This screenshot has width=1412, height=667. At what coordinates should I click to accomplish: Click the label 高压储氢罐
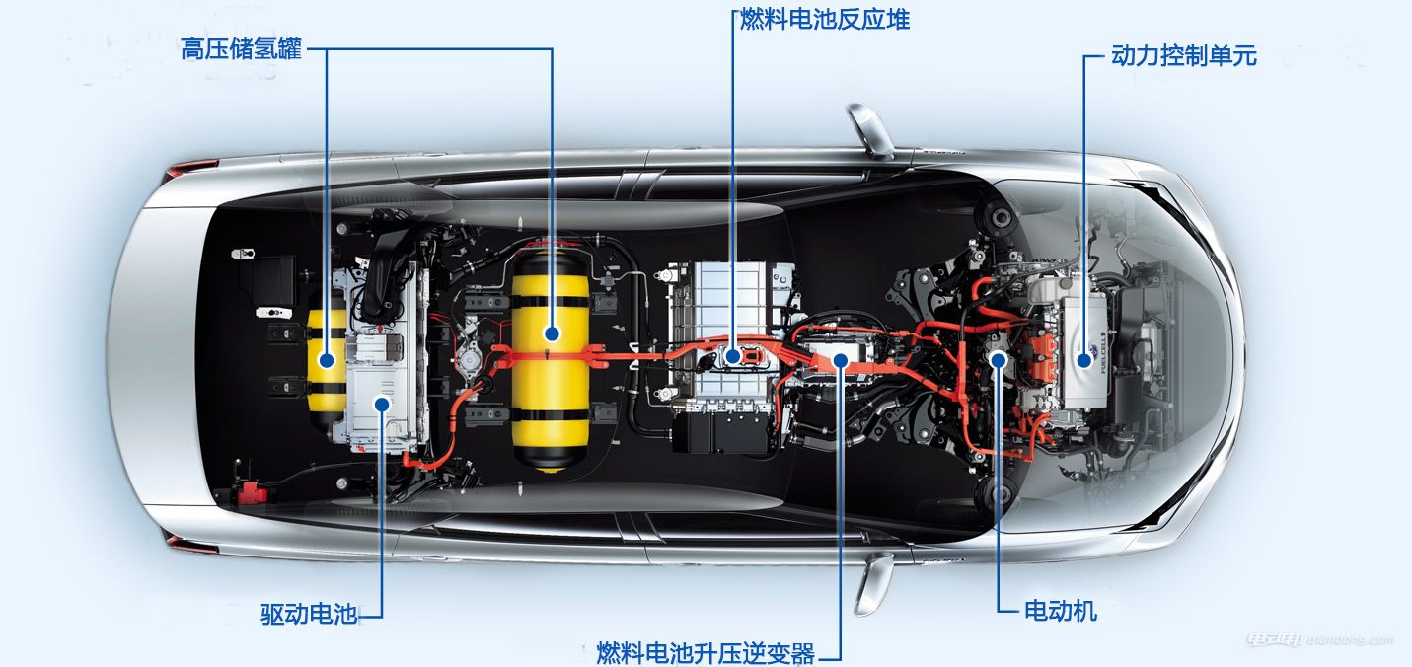pyautogui.click(x=241, y=48)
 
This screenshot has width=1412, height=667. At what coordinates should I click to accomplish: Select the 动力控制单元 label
pyautogui.click(x=1183, y=55)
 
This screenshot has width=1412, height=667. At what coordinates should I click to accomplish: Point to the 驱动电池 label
pyautogui.click(x=308, y=614)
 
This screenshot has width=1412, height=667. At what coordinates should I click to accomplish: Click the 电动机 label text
pyautogui.click(x=1061, y=611)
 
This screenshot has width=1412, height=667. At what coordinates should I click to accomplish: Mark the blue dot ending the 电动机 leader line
pyautogui.click(x=998, y=361)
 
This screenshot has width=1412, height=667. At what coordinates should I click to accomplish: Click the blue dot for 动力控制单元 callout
pyautogui.click(x=1085, y=360)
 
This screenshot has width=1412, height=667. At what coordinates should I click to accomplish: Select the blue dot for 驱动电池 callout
pyautogui.click(x=381, y=403)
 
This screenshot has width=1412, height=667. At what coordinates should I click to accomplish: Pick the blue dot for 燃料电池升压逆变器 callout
pyautogui.click(x=840, y=360)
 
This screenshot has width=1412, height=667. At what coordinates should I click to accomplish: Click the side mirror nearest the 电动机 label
pyautogui.click(x=874, y=582)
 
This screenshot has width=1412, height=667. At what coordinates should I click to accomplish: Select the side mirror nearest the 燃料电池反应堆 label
pyautogui.click(x=869, y=128)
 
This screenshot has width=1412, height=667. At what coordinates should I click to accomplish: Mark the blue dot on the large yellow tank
pyautogui.click(x=551, y=333)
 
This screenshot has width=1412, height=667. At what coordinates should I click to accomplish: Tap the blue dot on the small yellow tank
pyautogui.click(x=326, y=361)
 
